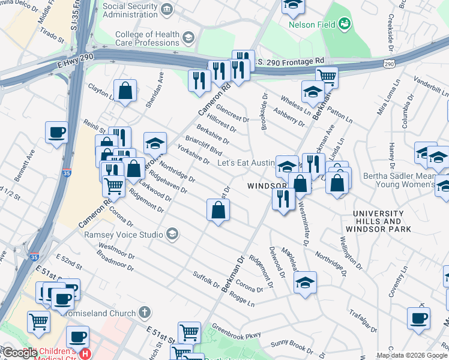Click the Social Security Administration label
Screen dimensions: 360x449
click(x=131, y=10)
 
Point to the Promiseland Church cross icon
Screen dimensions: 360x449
click(x=143, y=312)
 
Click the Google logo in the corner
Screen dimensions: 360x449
click(x=19, y=353)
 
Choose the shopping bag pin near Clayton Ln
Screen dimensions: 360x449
click(x=125, y=92)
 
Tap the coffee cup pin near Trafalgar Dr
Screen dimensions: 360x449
click(x=418, y=318)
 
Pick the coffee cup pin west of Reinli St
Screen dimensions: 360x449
click(x=56, y=133)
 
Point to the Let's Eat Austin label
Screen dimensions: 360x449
click(x=245, y=163)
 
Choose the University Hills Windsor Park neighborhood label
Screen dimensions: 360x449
click(x=382, y=221)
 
